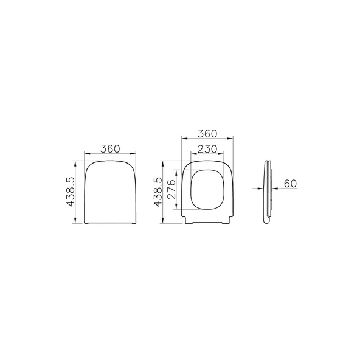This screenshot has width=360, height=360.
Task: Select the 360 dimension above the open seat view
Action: click(x=207, y=134)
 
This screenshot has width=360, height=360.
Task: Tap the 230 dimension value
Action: click(x=207, y=149)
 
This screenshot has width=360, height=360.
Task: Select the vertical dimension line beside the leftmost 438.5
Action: click(x=75, y=192)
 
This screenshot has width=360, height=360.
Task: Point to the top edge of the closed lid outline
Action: click(x=109, y=161)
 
